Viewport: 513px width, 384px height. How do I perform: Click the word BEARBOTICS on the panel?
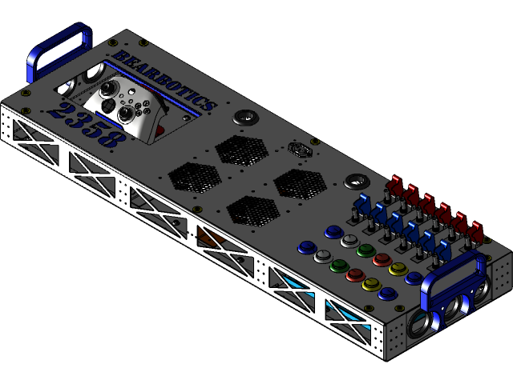(164, 80)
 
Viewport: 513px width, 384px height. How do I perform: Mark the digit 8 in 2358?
(112, 138)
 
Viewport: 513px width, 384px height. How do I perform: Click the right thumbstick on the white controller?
(127, 114)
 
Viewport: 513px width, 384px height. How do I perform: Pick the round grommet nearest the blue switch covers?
(356, 182)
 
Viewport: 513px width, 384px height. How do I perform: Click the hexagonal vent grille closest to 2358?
(194, 177)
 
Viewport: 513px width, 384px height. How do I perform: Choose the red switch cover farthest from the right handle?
(395, 183)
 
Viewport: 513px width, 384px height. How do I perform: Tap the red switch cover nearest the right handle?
(476, 230)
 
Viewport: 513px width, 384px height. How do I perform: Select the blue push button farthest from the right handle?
(307, 247)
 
